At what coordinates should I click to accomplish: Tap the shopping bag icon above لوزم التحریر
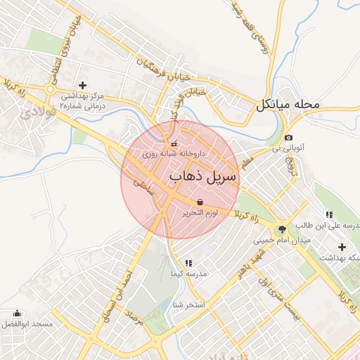pos(201,202)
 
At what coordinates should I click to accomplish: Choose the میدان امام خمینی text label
pos(281,240)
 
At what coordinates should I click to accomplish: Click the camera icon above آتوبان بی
pos(289,138)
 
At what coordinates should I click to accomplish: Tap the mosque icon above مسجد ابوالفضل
pos(17,313)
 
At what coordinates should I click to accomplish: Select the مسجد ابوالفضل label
pos(27,323)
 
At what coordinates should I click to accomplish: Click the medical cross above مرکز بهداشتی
pos(82,84)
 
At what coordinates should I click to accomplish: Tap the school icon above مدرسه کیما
pos(188,263)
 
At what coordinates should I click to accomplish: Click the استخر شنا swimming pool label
pos(188,305)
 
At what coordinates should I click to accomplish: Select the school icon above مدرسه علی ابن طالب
pos(328,214)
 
